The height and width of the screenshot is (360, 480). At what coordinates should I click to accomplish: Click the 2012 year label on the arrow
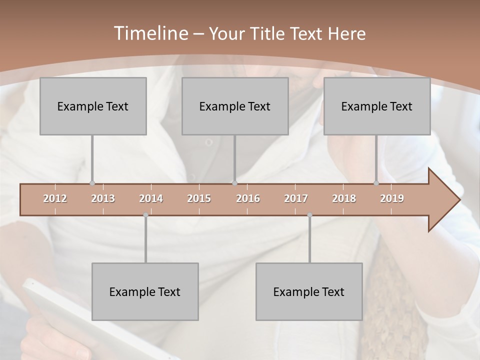tap(55, 198)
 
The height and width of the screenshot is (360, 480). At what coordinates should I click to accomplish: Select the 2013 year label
tap(103, 198)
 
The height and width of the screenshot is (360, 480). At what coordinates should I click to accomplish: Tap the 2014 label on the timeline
tap(151, 198)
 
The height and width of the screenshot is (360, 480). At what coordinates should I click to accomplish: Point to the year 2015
tap(199, 198)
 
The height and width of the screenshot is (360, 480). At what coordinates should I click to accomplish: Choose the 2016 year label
tap(248, 198)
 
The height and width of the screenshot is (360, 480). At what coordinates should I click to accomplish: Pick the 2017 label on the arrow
tap(296, 198)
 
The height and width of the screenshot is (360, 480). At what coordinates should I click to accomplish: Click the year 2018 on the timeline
tap(344, 198)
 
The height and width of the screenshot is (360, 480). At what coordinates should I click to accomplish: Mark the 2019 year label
tap(392, 198)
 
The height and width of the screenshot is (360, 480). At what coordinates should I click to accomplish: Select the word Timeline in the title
tap(150, 33)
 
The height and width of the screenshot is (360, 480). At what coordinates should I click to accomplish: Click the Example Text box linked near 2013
tap(93, 106)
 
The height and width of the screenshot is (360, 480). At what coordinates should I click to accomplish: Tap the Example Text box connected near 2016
tap(235, 106)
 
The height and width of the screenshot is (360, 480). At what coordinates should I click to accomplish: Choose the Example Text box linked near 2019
tap(377, 106)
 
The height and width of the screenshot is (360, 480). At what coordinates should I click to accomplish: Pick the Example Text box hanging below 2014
tap(145, 291)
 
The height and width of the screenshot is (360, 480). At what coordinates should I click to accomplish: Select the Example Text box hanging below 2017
tap(309, 291)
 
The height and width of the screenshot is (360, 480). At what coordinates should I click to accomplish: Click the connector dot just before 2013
tap(92, 183)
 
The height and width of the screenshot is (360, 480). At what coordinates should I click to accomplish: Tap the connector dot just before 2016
tap(235, 183)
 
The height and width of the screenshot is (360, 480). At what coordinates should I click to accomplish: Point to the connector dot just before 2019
tap(376, 183)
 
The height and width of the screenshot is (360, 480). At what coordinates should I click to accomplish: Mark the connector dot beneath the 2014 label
tap(145, 215)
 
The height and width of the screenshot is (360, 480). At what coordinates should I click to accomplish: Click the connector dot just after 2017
tap(309, 215)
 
